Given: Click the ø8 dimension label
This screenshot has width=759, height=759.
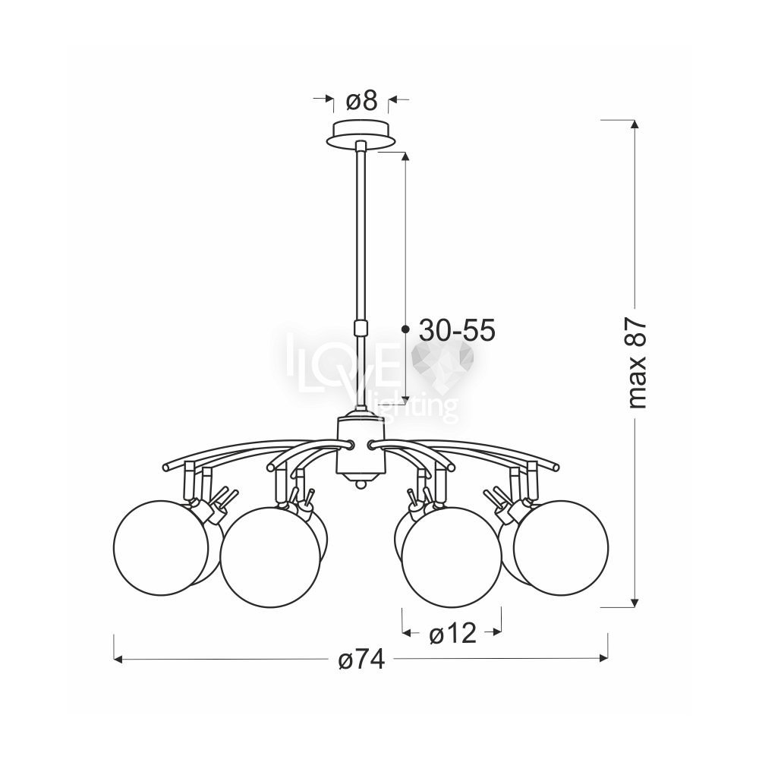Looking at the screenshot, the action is click(361, 101).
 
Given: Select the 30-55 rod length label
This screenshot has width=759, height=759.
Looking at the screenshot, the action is click(457, 331).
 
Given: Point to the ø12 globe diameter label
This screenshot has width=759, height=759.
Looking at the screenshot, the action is click(452, 633).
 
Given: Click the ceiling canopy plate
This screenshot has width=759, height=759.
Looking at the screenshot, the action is click(361, 131).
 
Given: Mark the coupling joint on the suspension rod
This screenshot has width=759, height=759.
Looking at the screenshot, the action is click(361, 328).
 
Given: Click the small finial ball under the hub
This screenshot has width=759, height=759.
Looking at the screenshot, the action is click(361, 484).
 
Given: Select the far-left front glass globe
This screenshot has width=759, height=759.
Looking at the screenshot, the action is click(161, 547).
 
